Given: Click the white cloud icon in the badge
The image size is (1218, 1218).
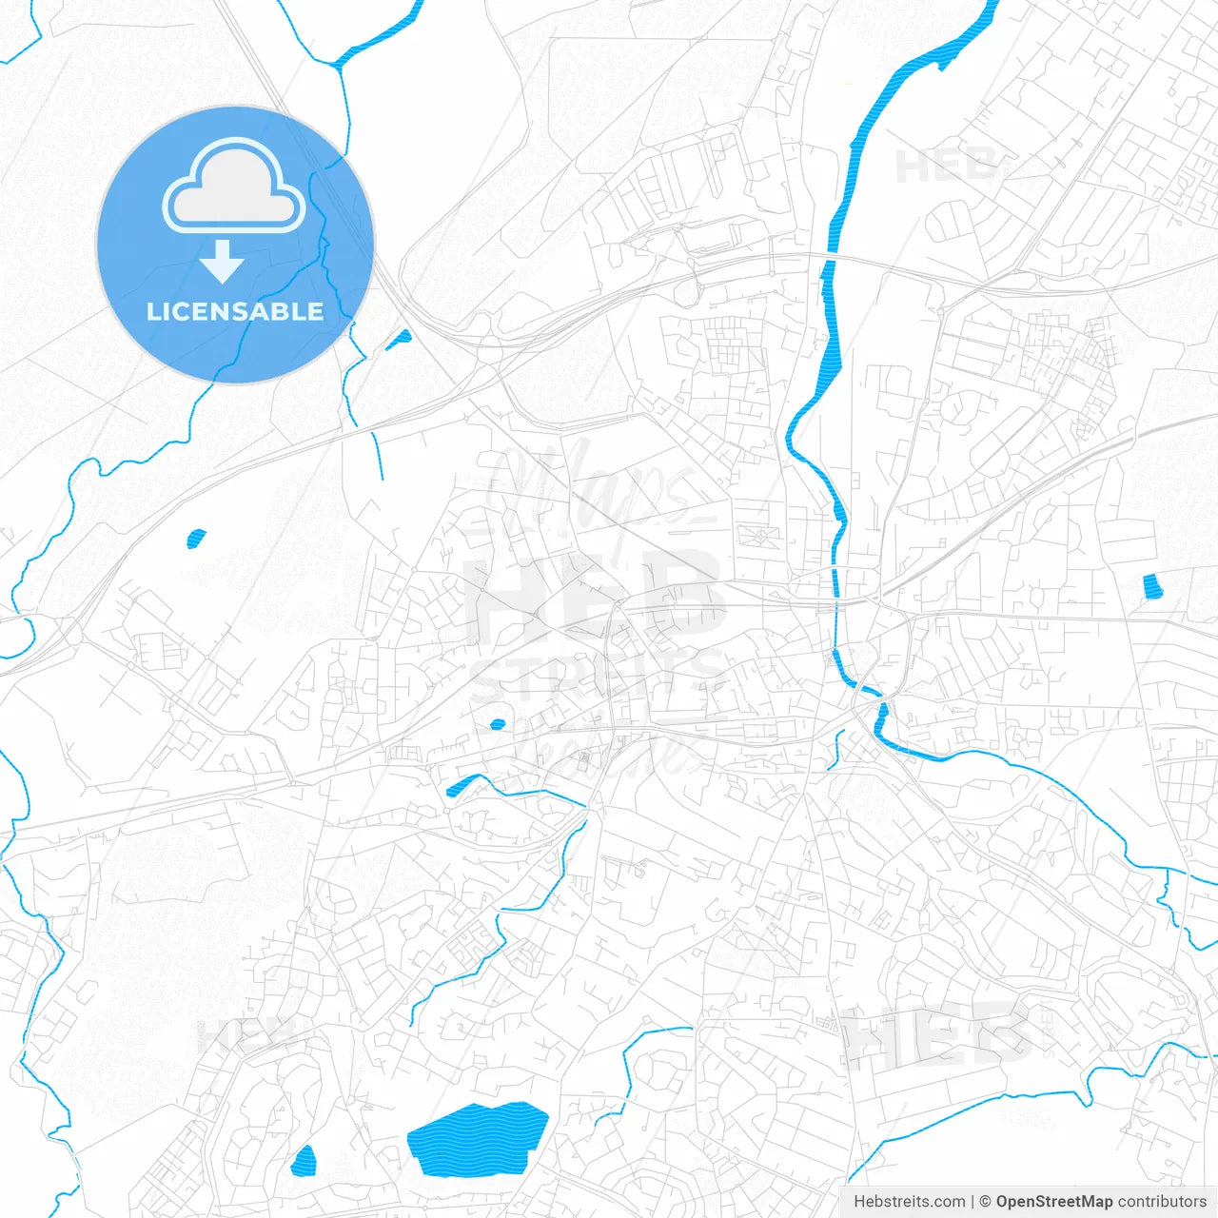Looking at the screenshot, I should point(234,187).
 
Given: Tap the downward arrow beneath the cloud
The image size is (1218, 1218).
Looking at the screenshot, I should point(223,261).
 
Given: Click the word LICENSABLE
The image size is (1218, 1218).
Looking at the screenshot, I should point(235,311).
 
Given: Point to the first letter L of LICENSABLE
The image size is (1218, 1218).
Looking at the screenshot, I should point(153,311).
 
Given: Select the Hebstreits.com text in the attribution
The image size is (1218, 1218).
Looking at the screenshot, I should point(909,1202).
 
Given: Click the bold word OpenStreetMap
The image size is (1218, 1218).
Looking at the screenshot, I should point(1054,1202).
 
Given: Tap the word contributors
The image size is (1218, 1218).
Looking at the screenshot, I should point(1162,1202).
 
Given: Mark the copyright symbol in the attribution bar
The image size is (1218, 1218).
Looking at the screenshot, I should point(986,1202).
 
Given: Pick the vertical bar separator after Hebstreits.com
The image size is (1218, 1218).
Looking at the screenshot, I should point(973,1202).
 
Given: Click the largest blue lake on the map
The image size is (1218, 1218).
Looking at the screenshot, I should point(477,1138).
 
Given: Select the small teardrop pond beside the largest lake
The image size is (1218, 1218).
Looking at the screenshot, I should point(304,1161).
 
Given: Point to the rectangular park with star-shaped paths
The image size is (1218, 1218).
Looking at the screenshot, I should point(760,538).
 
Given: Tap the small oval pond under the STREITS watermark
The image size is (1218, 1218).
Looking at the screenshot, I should point(497,724).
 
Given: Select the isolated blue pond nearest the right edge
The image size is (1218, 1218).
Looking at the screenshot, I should point(1152,586).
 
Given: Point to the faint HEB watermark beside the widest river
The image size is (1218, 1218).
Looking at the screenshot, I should point(945,167).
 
